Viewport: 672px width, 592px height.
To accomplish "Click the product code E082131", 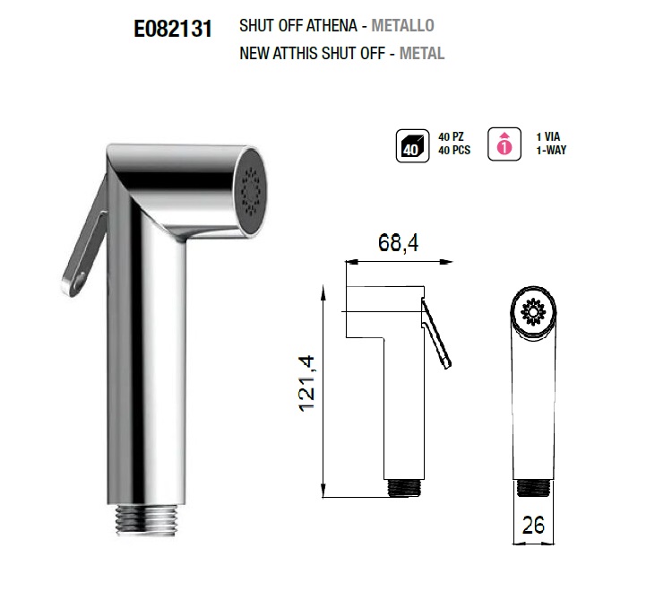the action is (173, 30).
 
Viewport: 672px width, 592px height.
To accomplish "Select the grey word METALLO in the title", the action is (402, 26).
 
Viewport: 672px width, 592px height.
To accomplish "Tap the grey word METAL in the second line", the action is (422, 54).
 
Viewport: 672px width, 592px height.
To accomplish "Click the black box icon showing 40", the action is (412, 146).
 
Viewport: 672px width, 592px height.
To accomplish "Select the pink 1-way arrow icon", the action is (504, 144).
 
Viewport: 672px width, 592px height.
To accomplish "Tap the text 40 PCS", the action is (454, 150).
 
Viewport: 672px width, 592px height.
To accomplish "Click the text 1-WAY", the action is (551, 150).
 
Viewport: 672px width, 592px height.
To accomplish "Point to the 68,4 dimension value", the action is (398, 243).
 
